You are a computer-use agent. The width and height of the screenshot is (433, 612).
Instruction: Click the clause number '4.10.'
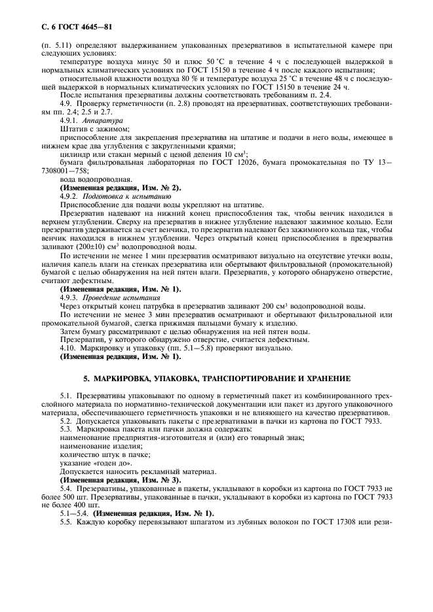point(69,348)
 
